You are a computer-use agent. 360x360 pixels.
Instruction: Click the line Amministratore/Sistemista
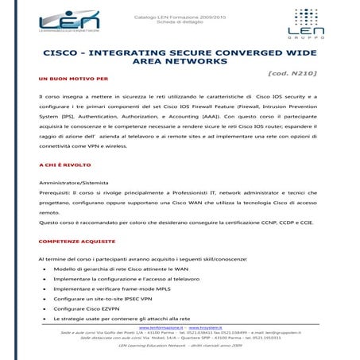75,183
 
